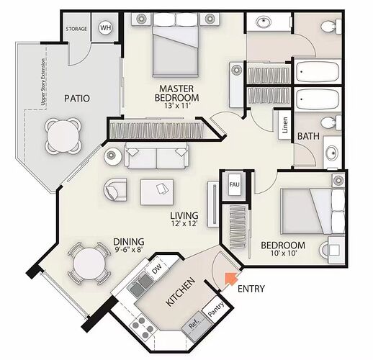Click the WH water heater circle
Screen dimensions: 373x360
click(105, 28)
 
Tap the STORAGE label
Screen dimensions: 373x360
click(76, 29)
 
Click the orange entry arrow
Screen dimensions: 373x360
click(230, 279)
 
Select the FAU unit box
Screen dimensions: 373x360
click(235, 184)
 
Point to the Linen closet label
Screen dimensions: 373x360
click(285, 125)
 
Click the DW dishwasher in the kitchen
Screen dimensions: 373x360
click(157, 267)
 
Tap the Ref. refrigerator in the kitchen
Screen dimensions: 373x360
click(196, 327)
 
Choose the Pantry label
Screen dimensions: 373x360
click(216, 309)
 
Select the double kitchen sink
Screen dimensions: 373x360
click(141, 284)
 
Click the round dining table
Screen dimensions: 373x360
click(89, 264)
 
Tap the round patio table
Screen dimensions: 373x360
click(63, 135)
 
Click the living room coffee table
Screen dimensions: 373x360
click(157, 192)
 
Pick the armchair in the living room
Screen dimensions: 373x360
click(115, 189)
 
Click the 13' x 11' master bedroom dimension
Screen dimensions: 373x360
click(176, 106)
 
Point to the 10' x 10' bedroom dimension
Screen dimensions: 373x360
click(284, 253)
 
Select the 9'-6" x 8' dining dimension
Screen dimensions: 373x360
click(129, 250)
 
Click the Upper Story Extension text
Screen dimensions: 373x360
click(43, 82)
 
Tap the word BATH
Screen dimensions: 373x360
click(308, 136)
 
